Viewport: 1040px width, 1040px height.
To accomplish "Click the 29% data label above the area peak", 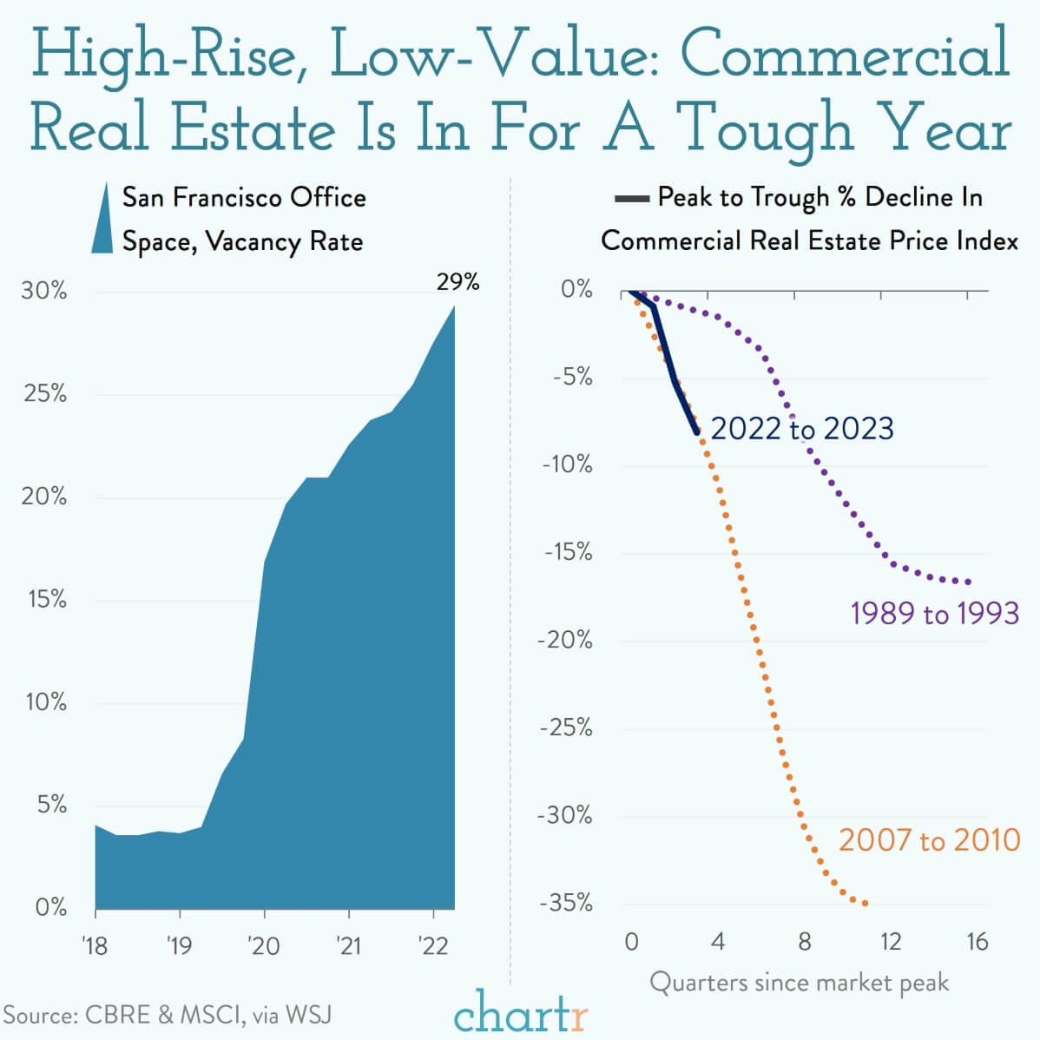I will coord(457,281).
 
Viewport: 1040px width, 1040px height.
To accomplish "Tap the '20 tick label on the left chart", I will coord(263,945).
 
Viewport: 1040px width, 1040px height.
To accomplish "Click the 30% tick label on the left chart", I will coord(44,290).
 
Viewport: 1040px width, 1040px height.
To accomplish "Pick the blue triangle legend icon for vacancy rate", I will coord(103,219).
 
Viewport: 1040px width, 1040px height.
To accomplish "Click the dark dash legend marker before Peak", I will coord(631,200).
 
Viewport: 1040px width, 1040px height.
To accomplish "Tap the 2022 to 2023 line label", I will coord(801,428).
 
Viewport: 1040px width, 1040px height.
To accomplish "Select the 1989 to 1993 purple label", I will coord(934,613).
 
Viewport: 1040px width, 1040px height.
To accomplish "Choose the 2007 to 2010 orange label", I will coord(929,839).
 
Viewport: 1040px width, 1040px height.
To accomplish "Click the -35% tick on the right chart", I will coord(566,903).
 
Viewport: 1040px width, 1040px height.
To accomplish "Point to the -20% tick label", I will coord(566,640).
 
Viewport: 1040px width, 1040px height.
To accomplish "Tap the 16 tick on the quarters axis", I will coord(977,942).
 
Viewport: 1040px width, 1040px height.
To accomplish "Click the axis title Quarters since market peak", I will coord(799,983).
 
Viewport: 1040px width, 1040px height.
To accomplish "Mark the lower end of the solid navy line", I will coord(696,431).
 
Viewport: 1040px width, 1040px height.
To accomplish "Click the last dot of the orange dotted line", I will coord(865,904).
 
